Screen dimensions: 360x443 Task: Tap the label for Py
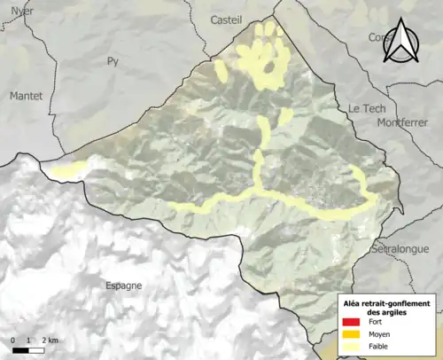[x=112, y=61]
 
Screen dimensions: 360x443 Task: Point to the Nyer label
[x=20, y=10]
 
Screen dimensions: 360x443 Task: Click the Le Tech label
[x=365, y=107]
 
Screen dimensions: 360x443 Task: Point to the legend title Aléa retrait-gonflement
[x=387, y=302]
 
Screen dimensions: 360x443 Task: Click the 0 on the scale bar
[x=14, y=340]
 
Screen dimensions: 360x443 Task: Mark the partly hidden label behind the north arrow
[x=379, y=38]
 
